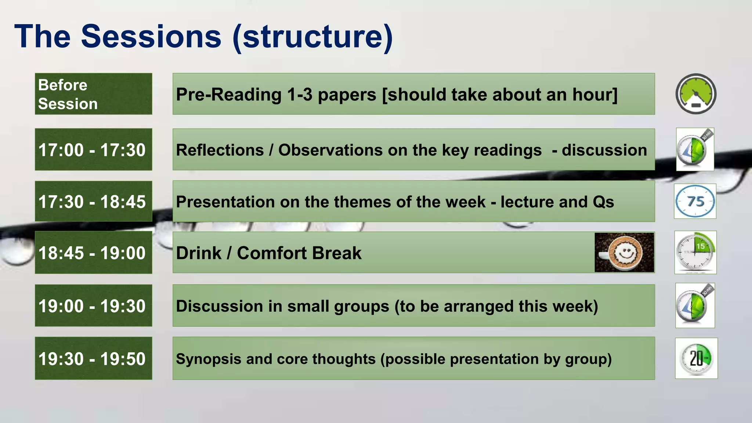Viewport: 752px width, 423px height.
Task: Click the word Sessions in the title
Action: point(151,37)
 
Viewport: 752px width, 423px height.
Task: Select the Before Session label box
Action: point(93,94)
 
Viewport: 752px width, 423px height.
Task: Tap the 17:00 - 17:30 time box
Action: point(93,149)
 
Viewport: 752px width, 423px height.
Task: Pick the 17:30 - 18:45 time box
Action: point(93,201)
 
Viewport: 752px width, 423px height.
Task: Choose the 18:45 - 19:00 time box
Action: point(93,253)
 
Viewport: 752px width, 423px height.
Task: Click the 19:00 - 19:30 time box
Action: point(93,305)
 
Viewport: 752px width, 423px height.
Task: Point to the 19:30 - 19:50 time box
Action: point(93,358)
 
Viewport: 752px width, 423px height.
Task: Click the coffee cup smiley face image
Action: point(624,252)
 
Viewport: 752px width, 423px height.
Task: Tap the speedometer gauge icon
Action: point(696,94)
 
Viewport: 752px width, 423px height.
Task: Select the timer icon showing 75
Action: point(695,201)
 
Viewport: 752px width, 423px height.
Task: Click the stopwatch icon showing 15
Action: point(695,252)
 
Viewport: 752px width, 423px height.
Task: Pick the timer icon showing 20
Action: point(696,358)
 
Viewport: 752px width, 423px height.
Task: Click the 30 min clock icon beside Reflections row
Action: point(695,149)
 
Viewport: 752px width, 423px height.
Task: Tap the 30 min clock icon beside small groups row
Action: point(695,305)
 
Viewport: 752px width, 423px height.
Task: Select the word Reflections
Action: point(220,150)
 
